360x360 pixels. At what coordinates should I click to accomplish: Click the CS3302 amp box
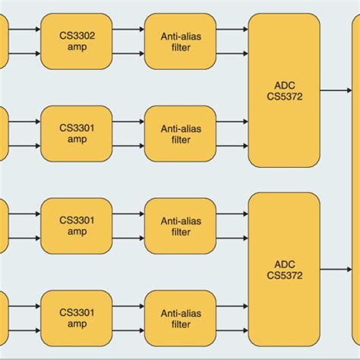click(x=76, y=39)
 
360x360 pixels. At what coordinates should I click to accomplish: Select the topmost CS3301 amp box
click(x=76, y=134)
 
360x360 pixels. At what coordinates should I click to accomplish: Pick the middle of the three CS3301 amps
click(x=76, y=226)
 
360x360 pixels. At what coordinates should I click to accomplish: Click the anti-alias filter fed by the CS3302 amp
click(x=180, y=39)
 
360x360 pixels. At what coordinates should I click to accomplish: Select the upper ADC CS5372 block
click(x=284, y=90)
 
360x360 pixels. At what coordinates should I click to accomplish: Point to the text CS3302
click(x=76, y=34)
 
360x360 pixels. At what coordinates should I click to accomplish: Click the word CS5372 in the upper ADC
click(x=284, y=96)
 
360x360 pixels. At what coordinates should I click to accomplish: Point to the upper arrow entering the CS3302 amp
click(x=24, y=30)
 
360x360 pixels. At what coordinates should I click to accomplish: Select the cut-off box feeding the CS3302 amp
click(x=4, y=39)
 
